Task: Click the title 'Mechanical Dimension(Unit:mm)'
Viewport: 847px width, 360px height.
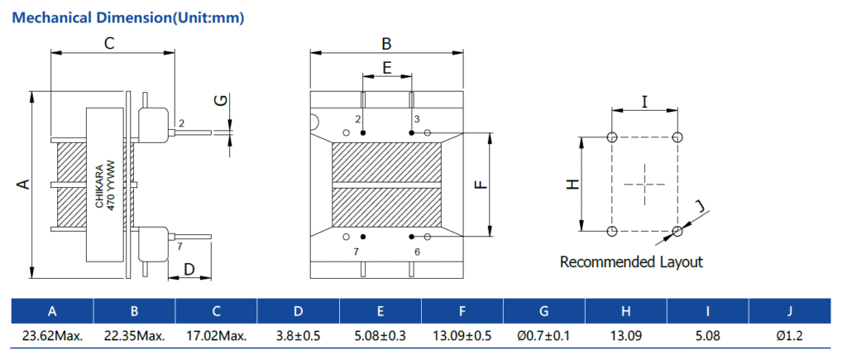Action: tap(131, 17)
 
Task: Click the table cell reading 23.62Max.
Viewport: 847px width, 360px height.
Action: tap(51, 336)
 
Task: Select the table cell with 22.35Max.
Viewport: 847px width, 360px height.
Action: tap(134, 336)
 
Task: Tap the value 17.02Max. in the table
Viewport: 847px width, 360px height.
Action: tap(216, 336)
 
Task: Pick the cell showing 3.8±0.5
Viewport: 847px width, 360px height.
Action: tap(298, 336)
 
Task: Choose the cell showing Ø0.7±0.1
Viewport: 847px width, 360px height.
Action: tap(543, 336)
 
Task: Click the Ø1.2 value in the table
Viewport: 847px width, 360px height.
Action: tap(789, 336)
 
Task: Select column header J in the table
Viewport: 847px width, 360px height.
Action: tap(789, 311)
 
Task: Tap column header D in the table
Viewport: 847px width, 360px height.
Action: tap(298, 311)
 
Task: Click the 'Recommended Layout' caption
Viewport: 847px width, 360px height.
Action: tap(631, 262)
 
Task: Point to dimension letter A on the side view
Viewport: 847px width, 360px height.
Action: tap(24, 184)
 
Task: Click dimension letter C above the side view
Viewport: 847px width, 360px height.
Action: tap(108, 44)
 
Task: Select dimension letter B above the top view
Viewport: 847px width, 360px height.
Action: tap(385, 43)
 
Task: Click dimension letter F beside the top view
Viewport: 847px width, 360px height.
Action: tap(480, 185)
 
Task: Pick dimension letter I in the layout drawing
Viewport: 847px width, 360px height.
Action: tap(644, 102)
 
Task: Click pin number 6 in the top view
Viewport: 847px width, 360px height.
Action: tap(417, 251)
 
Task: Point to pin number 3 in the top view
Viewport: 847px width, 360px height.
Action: tap(417, 120)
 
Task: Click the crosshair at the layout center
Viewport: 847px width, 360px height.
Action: tap(644, 184)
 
